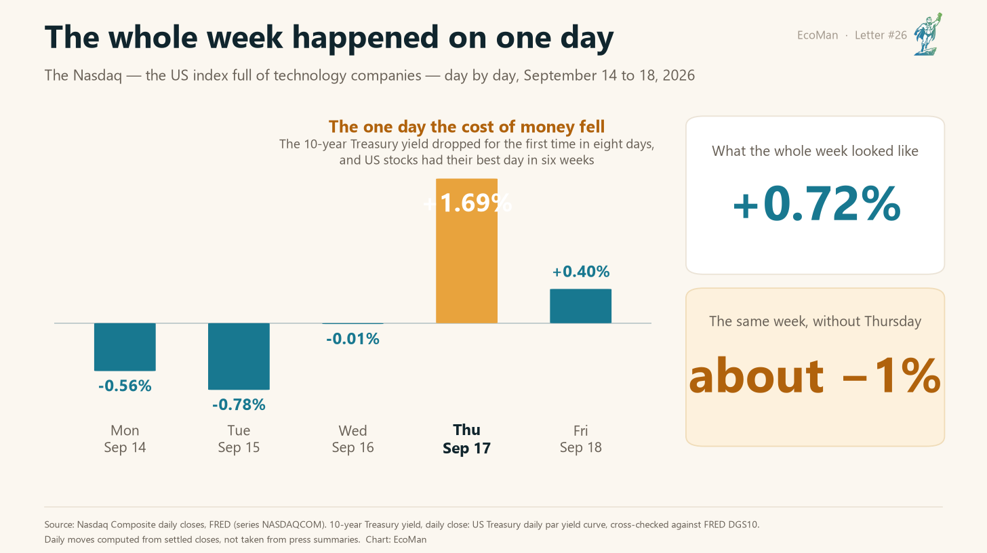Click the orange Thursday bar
466,251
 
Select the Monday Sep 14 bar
125,347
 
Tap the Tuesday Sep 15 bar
239,356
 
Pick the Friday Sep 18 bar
580,306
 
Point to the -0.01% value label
352,339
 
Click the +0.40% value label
581,272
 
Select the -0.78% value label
239,405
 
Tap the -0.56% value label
125,386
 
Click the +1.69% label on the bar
467,203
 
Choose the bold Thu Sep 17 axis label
466,439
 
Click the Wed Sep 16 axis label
352,439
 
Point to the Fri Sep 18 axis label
580,439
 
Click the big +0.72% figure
816,203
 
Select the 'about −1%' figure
815,376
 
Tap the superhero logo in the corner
927,35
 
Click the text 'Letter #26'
881,35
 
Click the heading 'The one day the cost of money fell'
466,127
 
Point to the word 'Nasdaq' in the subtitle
98,76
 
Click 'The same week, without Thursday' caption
815,321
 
